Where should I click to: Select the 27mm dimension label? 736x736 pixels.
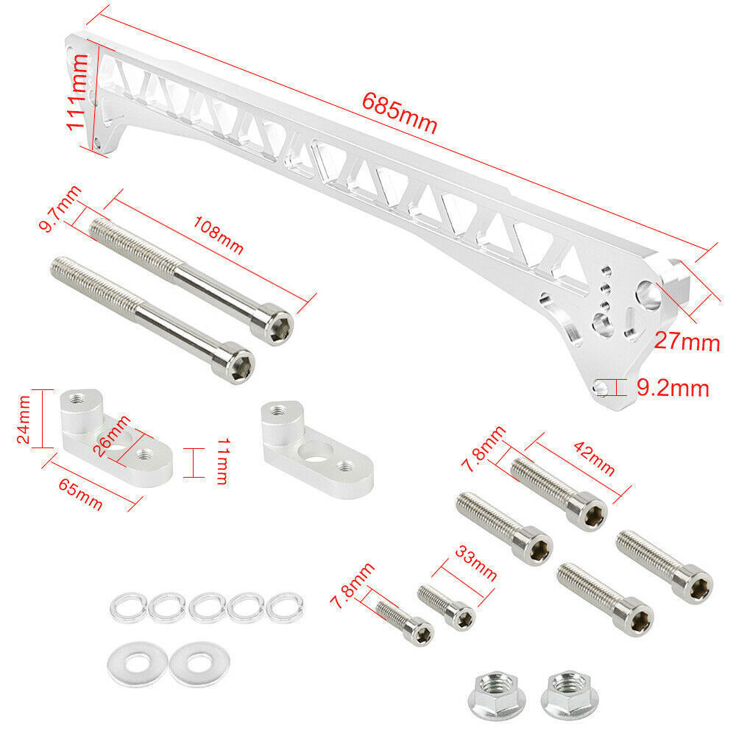(687, 342)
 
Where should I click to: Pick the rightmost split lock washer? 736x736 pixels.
(283, 608)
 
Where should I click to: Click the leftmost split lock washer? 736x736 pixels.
(125, 608)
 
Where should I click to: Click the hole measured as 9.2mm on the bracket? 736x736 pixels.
(604, 387)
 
